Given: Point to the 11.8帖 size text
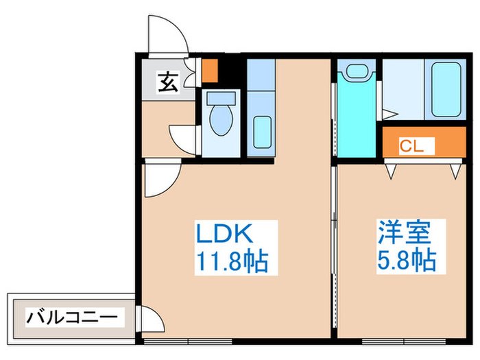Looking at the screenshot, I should tap(232, 261).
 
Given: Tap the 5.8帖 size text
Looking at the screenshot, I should tap(407, 261).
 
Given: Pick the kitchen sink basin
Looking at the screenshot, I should tap(261, 131).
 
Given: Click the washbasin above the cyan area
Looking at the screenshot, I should tap(356, 71).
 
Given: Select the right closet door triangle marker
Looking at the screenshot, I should tap(455, 170).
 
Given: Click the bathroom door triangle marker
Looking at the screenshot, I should tap(390, 114).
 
